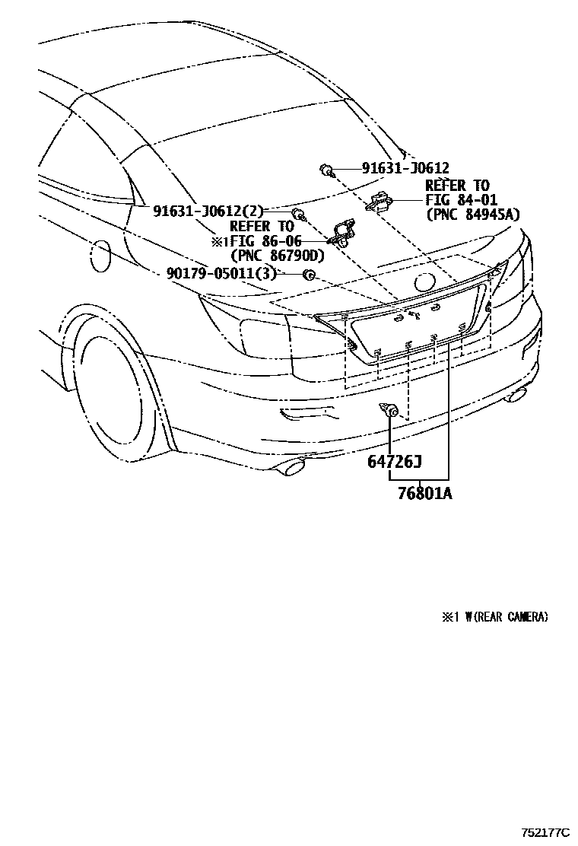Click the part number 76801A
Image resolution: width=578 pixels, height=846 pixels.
point(424,494)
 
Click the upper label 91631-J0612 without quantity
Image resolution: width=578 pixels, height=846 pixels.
point(394,169)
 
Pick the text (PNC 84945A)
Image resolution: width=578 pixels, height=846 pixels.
point(473,215)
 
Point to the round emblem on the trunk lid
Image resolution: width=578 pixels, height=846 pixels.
point(425,282)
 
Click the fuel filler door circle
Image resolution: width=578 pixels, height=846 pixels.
point(100,256)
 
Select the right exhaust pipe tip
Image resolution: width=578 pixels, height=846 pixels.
point(518,393)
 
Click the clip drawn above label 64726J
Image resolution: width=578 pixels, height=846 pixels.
point(391,412)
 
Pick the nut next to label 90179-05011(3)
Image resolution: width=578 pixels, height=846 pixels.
point(310,275)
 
